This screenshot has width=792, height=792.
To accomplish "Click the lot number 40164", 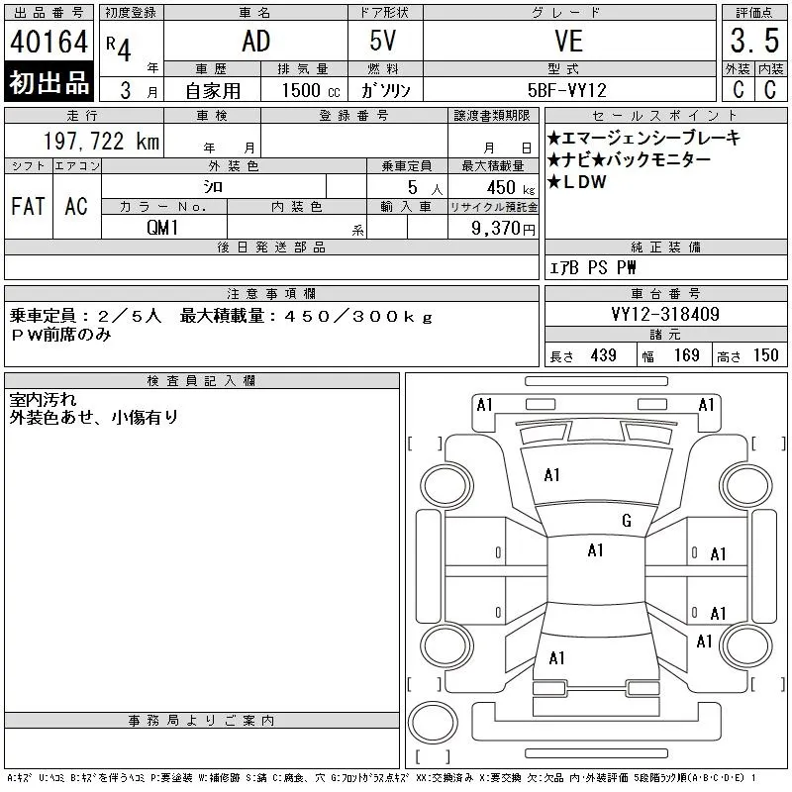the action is coord(49,42).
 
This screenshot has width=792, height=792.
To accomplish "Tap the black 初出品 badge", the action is coord(49,82).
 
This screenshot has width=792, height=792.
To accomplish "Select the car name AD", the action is coord(256,42).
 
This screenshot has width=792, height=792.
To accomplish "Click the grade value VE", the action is coord(568,42).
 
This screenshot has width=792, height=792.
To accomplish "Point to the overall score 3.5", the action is coord(754,41).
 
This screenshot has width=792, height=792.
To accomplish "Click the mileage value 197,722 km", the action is coord(101,141).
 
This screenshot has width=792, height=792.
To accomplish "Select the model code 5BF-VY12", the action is coord(566,90).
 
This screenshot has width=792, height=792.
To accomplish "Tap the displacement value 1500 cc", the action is coord(311,90).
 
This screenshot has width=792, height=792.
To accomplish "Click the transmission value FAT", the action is coord(29,206).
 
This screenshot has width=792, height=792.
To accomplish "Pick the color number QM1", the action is coord(162,228).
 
